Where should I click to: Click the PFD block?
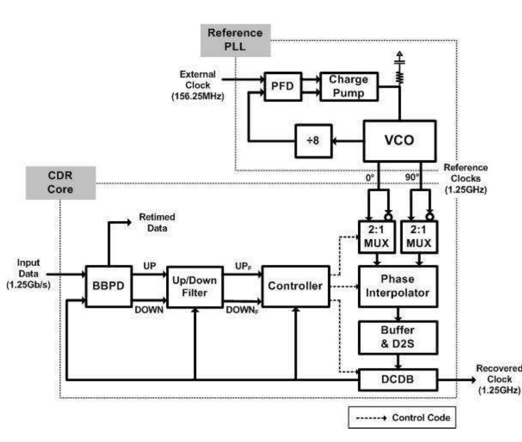pos(282,86)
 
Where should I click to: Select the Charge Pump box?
pos(349,86)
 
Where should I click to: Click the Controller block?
pos(295,286)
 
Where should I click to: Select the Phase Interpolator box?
pos(398,286)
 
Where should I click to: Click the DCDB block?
pos(397,380)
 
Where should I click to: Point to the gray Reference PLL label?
pos(235,40)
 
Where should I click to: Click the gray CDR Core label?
pos(60,183)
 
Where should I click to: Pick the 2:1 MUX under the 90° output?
pos(419,237)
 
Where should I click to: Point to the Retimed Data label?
pos(157,222)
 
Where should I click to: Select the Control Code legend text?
pos(421,417)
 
